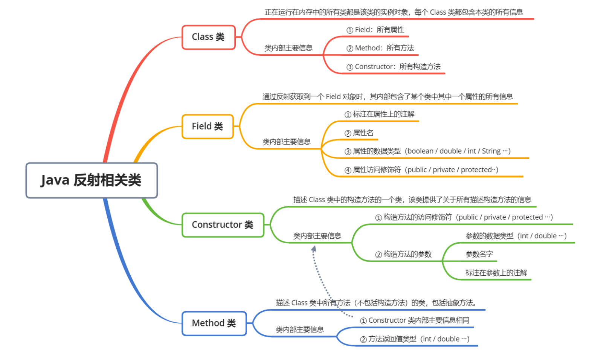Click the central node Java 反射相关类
[x=92, y=180]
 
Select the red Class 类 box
[x=208, y=37]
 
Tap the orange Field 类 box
[x=208, y=126]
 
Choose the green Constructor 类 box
[x=223, y=225]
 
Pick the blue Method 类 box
[x=214, y=323]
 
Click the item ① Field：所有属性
[x=375, y=30]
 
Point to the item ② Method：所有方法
[x=380, y=48]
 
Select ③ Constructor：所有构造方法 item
[x=394, y=67]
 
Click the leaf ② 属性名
[x=359, y=133]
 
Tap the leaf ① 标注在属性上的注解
[x=380, y=114]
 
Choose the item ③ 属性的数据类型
[x=427, y=151]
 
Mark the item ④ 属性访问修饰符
[x=421, y=170]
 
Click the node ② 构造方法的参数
[x=403, y=255]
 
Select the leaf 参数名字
[x=479, y=254]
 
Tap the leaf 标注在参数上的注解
[x=496, y=273]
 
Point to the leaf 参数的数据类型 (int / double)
[x=516, y=236]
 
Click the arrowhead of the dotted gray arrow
[x=313, y=249]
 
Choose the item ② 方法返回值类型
[x=415, y=339]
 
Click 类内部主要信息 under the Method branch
[x=299, y=330]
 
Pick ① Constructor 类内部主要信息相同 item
[x=415, y=320]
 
